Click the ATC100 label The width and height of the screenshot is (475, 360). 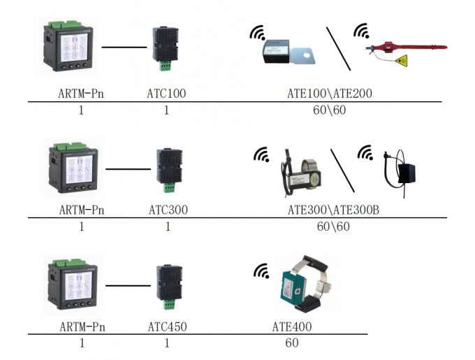click(166, 93)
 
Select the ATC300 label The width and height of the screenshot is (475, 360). click(168, 210)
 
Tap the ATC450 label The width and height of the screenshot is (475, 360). click(168, 326)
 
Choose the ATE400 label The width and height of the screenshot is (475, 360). click(291, 326)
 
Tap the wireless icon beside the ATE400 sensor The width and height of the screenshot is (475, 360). click(261, 271)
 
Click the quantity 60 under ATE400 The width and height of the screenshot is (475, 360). click(291, 343)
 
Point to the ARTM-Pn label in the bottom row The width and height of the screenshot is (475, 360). click(82, 326)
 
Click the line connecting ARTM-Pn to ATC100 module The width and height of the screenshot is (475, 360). click(124, 48)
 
